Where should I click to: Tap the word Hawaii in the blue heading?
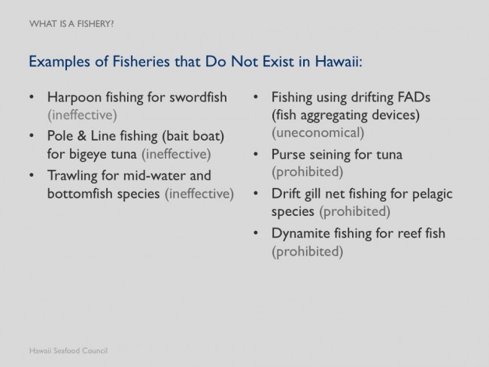pyautogui.click(x=339, y=61)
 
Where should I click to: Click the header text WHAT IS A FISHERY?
pyautogui.click(x=71, y=24)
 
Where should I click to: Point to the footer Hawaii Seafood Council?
pyautogui.click(x=68, y=350)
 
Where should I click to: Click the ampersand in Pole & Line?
pyautogui.click(x=81, y=136)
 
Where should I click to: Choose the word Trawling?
pyautogui.click(x=72, y=176)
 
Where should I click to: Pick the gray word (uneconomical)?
pyautogui.click(x=317, y=133)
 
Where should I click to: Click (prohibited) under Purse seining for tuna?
pyautogui.click(x=307, y=171)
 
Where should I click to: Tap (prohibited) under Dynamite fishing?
pyautogui.click(x=307, y=252)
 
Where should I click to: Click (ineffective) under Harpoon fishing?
pyautogui.click(x=82, y=115)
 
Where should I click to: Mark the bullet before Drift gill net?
pyautogui.click(x=256, y=193)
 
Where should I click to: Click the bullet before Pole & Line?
pyautogui.click(x=32, y=136)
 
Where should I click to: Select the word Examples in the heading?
pyautogui.click(x=59, y=62)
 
